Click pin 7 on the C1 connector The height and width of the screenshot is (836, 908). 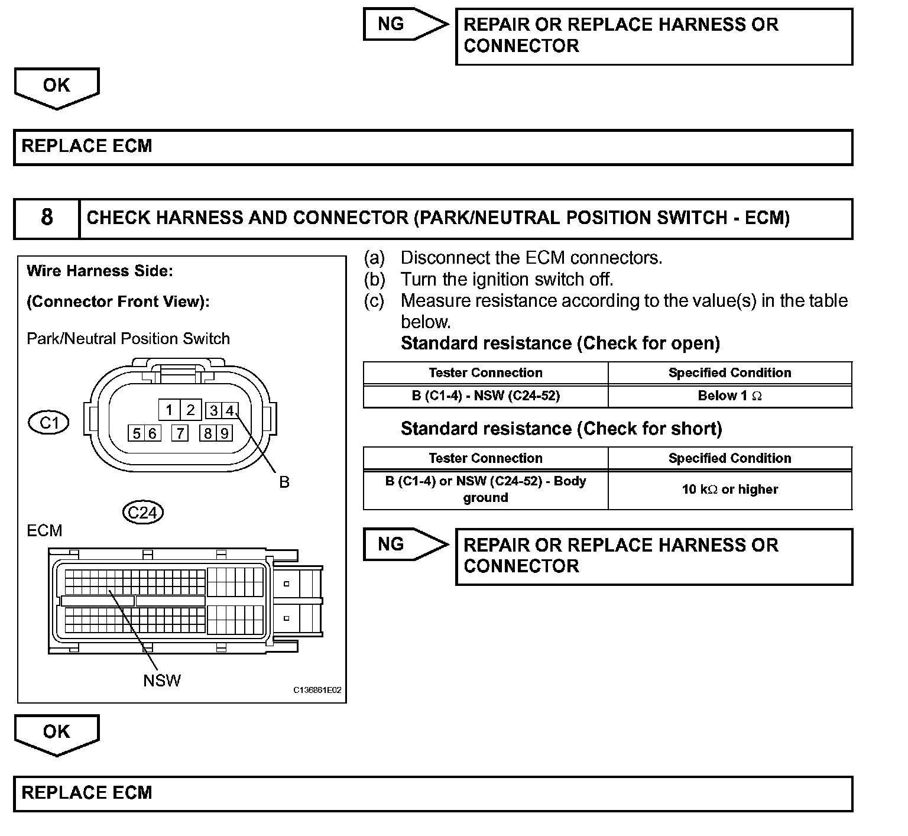[x=180, y=433]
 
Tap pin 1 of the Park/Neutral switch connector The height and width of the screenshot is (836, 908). [x=169, y=410]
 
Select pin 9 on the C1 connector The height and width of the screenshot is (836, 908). [x=224, y=433]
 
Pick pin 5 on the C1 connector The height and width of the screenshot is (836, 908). [x=137, y=433]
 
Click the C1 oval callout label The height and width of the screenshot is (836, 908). [x=49, y=423]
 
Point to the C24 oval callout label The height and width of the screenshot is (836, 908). [x=142, y=512]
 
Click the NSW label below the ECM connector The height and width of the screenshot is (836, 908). [x=161, y=681]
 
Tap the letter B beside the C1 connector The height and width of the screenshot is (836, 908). [x=284, y=482]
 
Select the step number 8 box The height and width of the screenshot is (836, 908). [x=47, y=218]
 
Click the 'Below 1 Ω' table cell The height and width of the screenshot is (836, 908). [x=729, y=396]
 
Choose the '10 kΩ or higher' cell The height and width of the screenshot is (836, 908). [x=729, y=490]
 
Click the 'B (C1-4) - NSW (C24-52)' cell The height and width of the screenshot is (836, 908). [x=485, y=396]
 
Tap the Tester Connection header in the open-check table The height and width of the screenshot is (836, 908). [x=485, y=373]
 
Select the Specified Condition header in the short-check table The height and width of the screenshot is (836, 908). [x=729, y=458]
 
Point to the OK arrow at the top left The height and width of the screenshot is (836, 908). [x=56, y=87]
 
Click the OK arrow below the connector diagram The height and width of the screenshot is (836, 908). [x=56, y=733]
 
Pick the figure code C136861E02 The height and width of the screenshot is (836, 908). [x=317, y=690]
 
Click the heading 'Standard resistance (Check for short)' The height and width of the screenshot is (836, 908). [x=561, y=429]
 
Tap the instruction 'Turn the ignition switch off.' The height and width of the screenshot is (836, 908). [x=507, y=279]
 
